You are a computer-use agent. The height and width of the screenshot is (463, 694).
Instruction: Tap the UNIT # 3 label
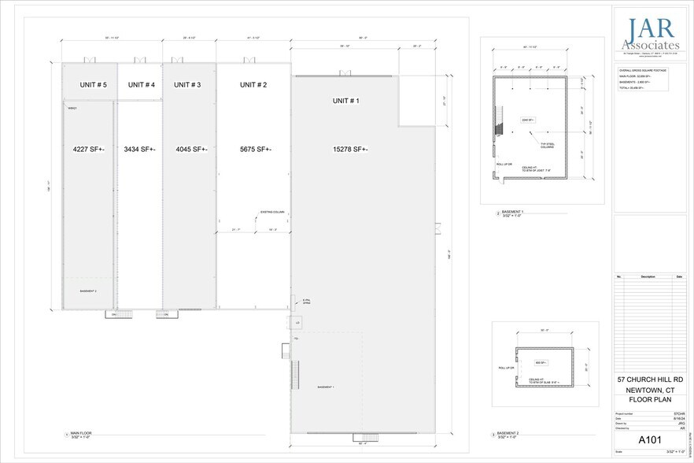point(187,84)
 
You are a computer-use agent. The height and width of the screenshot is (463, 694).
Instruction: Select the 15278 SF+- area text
point(351,149)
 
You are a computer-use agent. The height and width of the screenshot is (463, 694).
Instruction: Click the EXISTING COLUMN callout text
point(271,212)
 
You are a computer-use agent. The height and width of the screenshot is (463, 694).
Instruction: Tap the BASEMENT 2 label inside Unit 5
point(88,291)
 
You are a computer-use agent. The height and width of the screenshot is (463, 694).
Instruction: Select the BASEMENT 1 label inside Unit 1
point(326,387)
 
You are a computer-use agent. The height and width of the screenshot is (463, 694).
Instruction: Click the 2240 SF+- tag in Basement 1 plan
point(528,120)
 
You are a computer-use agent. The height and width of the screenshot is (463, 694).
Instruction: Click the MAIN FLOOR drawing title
point(81,433)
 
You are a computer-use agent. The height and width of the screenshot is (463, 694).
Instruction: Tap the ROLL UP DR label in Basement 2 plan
point(505,368)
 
